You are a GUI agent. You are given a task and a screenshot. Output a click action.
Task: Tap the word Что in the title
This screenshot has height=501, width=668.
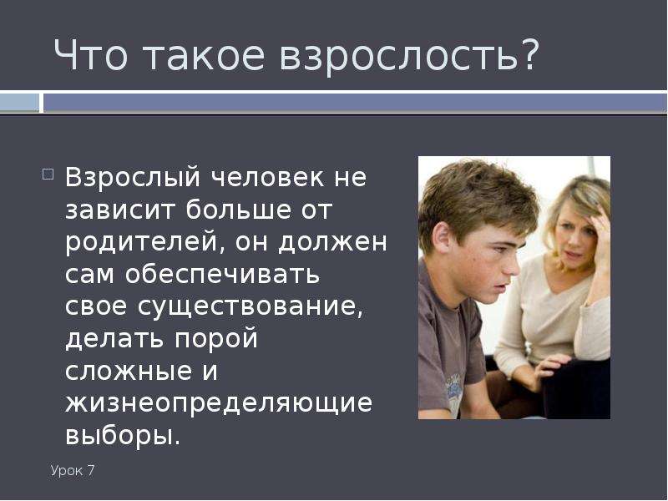90,55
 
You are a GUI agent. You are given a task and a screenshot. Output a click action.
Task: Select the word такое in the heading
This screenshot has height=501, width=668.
204,56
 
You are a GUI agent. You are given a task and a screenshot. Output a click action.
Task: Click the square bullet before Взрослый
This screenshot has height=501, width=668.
48,175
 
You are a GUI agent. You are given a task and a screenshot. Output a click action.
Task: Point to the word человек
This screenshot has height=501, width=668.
268,177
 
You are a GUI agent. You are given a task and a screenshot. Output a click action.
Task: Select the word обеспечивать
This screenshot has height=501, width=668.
222,275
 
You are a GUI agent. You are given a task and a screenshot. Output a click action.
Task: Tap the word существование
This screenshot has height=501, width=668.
250,306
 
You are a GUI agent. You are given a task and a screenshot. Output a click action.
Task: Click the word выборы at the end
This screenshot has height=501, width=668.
123,436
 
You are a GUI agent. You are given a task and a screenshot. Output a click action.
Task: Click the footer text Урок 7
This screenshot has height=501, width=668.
73,471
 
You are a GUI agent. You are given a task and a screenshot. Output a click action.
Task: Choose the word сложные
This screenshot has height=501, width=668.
129,371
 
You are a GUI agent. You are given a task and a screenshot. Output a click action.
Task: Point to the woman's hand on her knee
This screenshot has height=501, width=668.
550,366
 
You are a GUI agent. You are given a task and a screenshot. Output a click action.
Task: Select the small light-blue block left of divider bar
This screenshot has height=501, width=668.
19,103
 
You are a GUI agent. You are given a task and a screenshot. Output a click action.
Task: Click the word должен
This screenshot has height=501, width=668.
332,242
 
